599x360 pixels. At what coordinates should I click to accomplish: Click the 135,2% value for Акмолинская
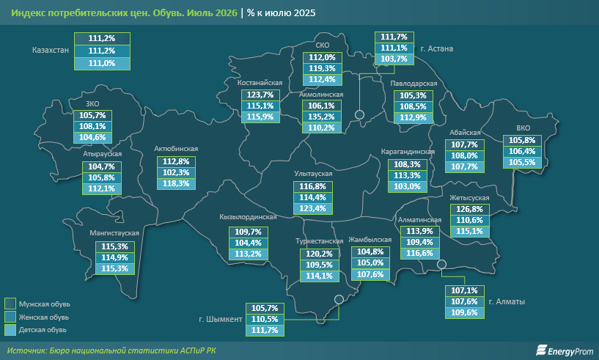coord(321,117)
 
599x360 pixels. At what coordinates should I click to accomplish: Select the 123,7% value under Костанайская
coord(260,95)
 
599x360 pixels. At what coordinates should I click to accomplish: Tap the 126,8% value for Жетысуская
coord(469,209)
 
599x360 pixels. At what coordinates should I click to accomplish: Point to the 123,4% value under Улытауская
coord(312,209)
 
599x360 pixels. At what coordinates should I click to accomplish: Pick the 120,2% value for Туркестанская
coord(320,254)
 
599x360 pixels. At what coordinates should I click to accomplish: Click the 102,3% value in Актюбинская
coord(176,172)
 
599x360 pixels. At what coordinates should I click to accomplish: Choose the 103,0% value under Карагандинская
coord(407,186)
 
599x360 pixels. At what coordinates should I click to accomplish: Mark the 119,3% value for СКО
coord(322,68)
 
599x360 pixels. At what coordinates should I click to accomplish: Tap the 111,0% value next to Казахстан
coord(102,63)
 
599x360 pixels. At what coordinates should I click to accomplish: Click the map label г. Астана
coord(437,48)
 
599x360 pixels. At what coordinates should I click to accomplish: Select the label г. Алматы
coord(507,301)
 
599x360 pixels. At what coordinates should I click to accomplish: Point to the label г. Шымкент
coord(221,319)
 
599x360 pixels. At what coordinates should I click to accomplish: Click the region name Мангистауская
coord(114,232)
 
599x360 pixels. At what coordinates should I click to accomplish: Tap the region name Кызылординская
coord(248,217)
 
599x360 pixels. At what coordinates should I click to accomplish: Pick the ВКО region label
coord(523,128)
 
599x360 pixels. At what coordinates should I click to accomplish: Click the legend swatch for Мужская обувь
coord(10,304)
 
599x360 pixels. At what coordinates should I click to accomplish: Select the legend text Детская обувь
coord(43,329)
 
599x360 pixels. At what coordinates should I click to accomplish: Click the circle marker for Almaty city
coord(441,264)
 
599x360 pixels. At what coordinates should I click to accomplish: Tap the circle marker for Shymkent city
coord(339,300)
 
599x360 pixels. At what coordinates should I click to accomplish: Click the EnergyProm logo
coord(565,350)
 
